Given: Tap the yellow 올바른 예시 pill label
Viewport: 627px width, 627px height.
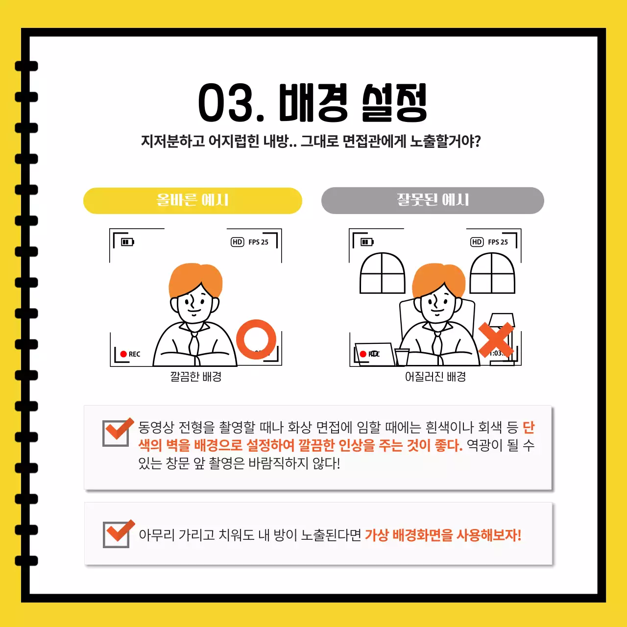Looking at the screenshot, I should (193, 200).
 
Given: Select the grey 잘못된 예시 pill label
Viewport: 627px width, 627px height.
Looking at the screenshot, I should (433, 200).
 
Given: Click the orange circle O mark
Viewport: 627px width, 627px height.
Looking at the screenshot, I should (256, 339).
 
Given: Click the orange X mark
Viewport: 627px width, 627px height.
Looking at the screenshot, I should (496, 339).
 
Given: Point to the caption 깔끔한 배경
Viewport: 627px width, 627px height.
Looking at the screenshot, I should (196, 377).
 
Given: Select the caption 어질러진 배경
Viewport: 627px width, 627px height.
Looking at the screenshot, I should (435, 377).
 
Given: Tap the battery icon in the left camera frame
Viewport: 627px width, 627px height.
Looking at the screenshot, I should (127, 242).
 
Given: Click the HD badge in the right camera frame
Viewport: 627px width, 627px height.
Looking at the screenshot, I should (477, 242).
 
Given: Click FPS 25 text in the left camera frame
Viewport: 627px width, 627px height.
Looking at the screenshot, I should (258, 242).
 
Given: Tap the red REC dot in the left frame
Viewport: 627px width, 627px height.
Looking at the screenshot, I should (123, 354).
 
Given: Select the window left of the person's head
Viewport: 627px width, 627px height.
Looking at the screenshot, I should (383, 274).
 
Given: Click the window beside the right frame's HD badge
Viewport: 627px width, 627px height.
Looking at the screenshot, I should (492, 274).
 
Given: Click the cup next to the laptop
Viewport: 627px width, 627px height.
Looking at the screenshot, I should (402, 357).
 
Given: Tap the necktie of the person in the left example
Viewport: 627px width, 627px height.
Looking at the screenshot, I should (194, 343).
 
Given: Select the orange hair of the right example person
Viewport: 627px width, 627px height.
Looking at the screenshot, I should (438, 279).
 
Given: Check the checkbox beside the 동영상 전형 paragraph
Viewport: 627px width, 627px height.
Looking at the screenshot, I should (116, 433).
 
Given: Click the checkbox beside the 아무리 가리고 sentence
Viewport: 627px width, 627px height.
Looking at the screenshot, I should (117, 534).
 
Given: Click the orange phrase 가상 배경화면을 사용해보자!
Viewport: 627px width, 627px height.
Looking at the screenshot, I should (443, 535).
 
